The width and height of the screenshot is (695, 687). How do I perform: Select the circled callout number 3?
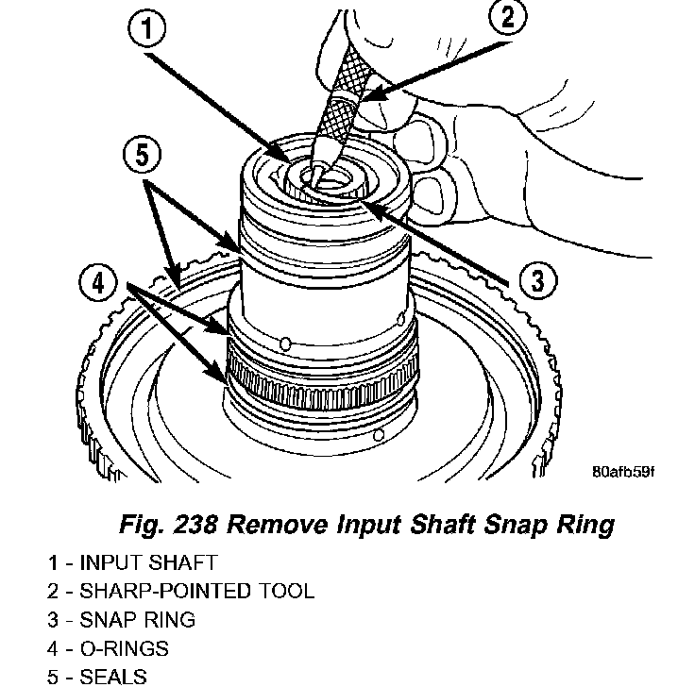click(536, 279)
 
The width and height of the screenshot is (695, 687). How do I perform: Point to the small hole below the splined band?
click(379, 436)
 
